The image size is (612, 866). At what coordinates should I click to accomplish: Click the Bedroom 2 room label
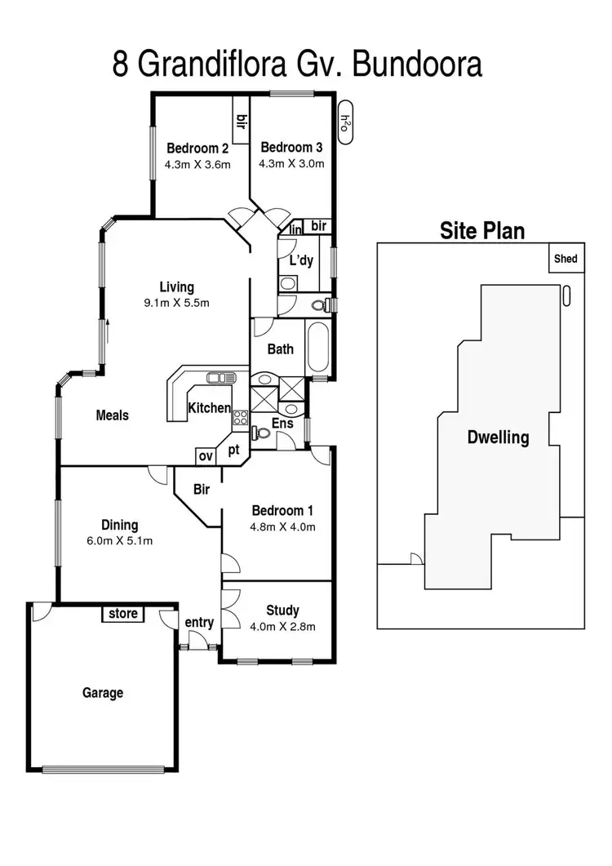197,148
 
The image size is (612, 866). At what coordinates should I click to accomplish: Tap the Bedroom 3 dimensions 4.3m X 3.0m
291,163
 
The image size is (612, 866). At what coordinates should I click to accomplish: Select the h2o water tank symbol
344,122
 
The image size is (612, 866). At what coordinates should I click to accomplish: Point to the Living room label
177,286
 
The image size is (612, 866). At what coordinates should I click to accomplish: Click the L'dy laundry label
301,260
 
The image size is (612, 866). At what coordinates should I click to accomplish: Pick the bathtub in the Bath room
317,348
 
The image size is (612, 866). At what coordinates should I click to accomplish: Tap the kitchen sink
220,378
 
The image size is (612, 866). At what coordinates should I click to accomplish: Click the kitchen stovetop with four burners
240,418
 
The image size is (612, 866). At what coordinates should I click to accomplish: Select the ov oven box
206,456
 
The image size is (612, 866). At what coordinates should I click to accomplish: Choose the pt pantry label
233,450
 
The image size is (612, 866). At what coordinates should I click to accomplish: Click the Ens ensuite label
282,423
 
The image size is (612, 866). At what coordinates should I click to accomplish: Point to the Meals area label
112,415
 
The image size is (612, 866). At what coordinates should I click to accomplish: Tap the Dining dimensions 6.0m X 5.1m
119,540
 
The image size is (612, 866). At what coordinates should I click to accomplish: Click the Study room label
282,611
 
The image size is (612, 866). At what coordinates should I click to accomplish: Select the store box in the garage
122,614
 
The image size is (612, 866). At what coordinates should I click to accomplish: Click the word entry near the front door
199,623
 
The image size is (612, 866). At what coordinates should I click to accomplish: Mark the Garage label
103,693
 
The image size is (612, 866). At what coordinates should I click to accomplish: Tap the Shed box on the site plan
566,258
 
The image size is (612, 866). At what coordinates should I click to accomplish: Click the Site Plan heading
482,230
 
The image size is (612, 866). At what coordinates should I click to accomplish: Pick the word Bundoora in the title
417,64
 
